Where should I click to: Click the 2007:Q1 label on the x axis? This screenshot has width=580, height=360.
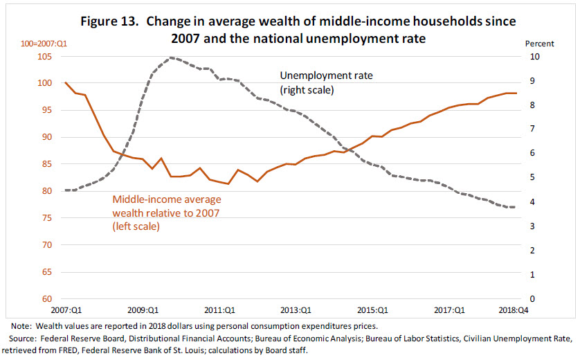pos(65,311)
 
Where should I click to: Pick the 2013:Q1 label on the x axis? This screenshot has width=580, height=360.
pos(295,311)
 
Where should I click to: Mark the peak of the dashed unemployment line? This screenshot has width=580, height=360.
pos(171,57)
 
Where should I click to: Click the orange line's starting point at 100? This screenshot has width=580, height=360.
pos(65,82)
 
